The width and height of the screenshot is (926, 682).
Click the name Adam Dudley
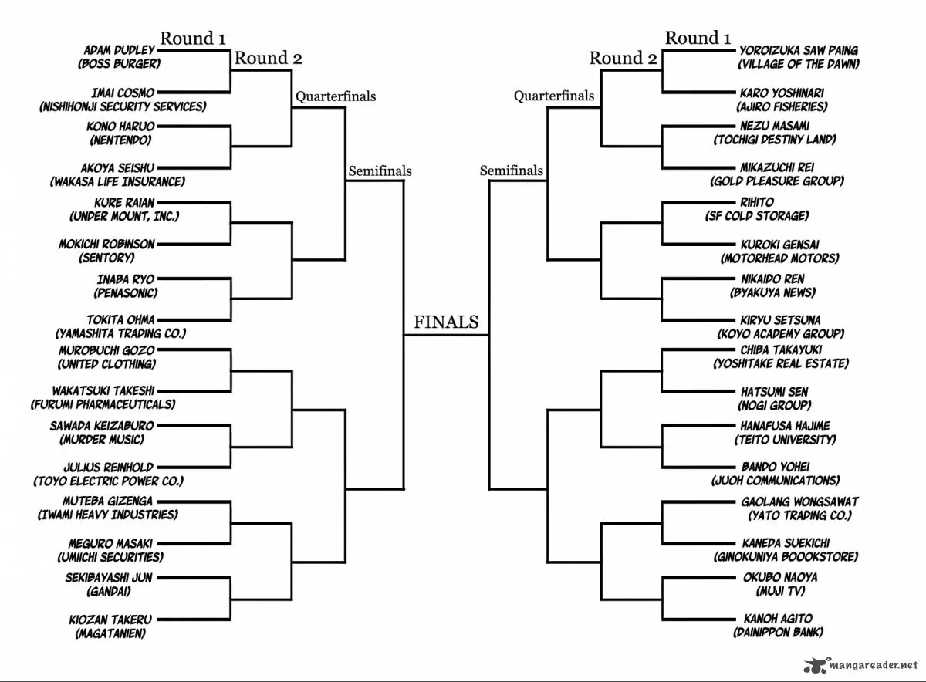pos(119,50)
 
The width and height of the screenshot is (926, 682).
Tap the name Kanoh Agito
pos(778,618)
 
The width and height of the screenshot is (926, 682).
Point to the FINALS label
pos(446,322)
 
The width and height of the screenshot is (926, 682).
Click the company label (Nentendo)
pos(120,140)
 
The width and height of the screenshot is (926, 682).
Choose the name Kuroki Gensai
pos(779,245)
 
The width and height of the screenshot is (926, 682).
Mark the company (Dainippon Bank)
pos(778,632)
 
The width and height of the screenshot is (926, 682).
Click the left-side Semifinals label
pos(380,170)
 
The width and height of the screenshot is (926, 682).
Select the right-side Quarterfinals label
pos(554,96)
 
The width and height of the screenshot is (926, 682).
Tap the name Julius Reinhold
pos(108,467)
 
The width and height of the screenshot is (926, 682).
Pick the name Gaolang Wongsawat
pos(799,501)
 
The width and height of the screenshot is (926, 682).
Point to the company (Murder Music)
pos(102,440)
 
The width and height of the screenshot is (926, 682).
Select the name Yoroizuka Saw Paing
pos(799,50)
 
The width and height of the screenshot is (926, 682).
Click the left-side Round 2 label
pos(269,58)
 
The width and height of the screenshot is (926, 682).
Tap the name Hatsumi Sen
pos(774,391)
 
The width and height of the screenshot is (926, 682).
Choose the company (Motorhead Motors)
pos(779,258)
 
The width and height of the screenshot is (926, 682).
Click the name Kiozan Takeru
pos(110,620)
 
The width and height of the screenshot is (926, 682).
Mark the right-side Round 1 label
pos(698,38)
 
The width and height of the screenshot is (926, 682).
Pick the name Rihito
pos(757,201)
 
